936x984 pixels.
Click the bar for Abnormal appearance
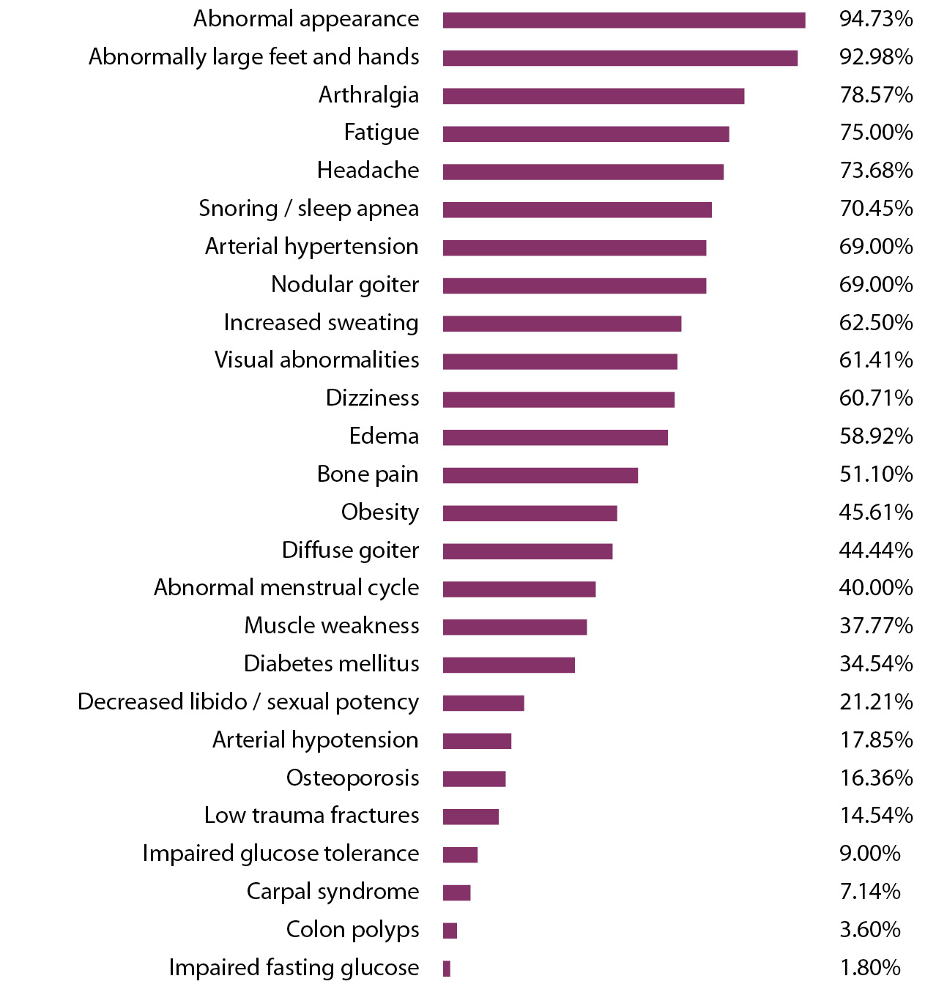tap(623, 20)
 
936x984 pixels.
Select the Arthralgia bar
tap(593, 96)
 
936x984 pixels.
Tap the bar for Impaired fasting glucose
tap(447, 969)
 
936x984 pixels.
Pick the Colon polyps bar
tap(450, 931)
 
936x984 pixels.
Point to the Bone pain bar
tap(540, 475)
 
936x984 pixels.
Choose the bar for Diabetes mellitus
tap(508, 665)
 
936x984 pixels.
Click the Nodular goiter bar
tap(574, 286)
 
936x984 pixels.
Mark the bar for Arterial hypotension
tap(477, 741)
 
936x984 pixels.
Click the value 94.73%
tap(876, 19)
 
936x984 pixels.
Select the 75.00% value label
tap(876, 133)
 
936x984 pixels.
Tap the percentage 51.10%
tap(876, 474)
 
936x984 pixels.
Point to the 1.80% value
tap(870, 968)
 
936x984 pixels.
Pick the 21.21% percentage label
tap(876, 702)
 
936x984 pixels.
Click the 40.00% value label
tap(876, 588)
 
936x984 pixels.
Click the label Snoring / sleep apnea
tap(308, 209)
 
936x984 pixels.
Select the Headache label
tap(368, 171)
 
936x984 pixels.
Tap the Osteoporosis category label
tap(352, 778)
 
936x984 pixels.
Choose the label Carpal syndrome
tap(333, 892)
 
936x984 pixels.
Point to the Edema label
tap(384, 436)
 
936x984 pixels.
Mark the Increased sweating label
tap(321, 323)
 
